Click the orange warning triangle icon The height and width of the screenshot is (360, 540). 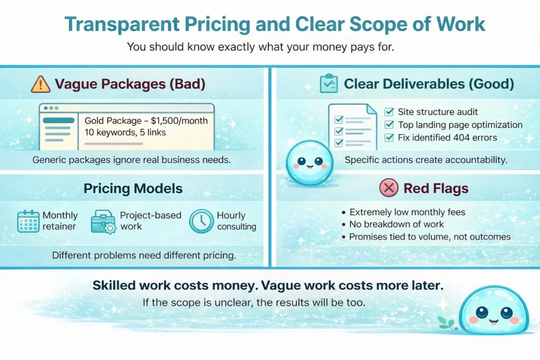point(41,84)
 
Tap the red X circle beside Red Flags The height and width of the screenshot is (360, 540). point(389,188)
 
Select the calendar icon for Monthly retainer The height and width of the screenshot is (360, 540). point(28,221)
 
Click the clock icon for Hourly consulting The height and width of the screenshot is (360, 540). point(200,221)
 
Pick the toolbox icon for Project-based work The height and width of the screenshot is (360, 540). point(103,222)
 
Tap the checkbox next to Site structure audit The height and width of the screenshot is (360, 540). point(389,112)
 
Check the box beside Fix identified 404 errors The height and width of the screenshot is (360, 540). point(389,138)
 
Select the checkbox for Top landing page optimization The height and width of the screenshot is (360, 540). point(389,125)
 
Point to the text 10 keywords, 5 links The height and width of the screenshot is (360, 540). point(125,132)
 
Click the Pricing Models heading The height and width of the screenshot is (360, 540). point(132,188)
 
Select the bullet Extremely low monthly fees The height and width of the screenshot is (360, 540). point(407,212)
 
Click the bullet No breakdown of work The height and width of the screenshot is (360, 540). point(397,225)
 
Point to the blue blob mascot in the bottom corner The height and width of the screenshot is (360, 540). point(493,314)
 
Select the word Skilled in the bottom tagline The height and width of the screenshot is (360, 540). point(115,286)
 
